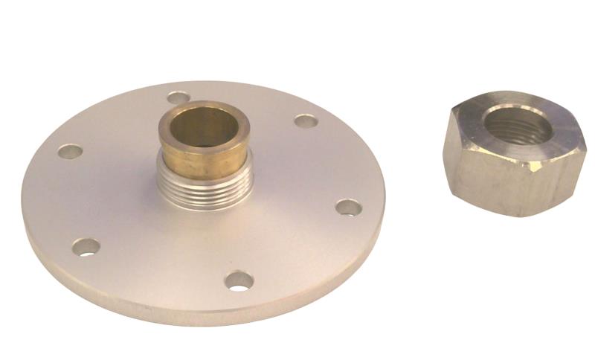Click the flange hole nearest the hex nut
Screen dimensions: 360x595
point(348,207)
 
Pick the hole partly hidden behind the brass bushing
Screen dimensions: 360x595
point(177,97)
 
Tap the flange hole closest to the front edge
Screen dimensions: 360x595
point(239,280)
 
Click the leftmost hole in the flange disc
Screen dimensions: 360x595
point(70,151)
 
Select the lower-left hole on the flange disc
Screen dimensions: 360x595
point(86,246)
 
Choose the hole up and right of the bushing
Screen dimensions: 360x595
point(305,120)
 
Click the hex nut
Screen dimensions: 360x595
point(513,156)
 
